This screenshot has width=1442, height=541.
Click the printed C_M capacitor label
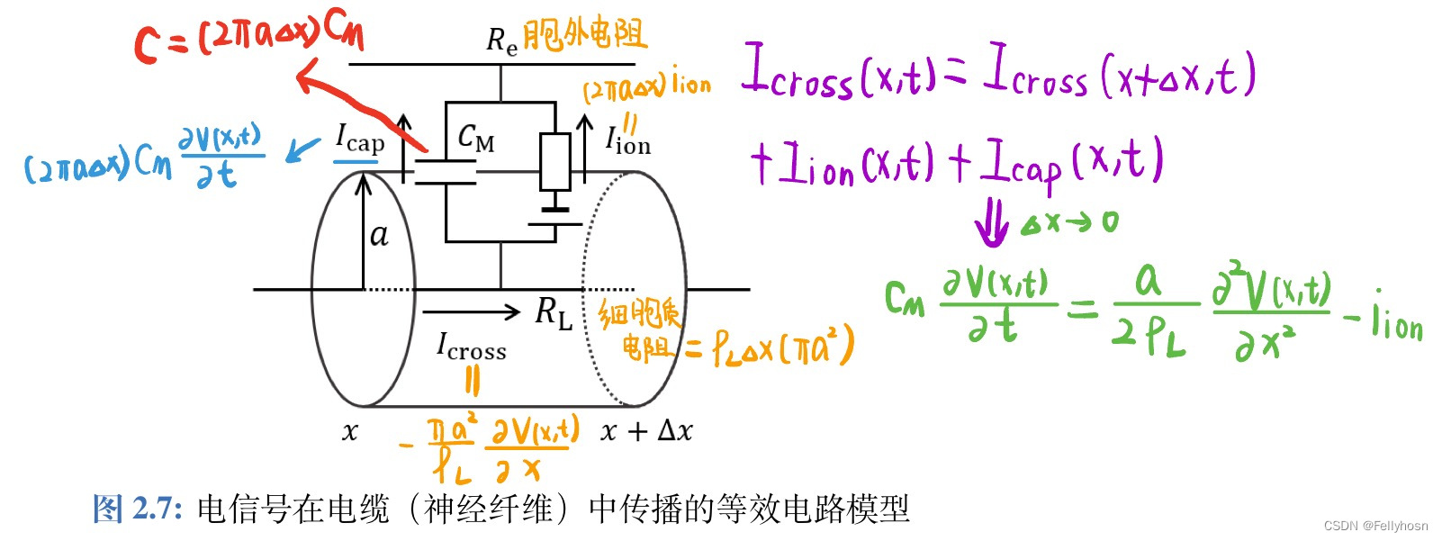[475, 139]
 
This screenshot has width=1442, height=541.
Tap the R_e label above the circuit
[501, 41]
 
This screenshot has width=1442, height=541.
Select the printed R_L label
[554, 312]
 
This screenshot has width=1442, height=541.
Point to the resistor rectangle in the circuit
[555, 162]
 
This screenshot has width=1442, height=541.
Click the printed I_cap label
[360, 139]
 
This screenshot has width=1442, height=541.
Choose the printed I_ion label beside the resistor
[627, 141]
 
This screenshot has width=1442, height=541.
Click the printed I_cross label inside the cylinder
[471, 347]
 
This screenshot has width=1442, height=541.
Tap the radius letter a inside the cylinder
[379, 235]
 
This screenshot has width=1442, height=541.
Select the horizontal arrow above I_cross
[471, 312]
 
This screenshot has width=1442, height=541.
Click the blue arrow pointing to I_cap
[302, 149]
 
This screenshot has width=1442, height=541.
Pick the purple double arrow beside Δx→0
[991, 222]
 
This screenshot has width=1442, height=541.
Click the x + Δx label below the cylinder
[646, 431]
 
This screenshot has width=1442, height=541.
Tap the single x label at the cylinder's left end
[350, 433]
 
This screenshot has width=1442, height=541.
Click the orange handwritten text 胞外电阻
[585, 35]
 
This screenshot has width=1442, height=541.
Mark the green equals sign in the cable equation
[1083, 310]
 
